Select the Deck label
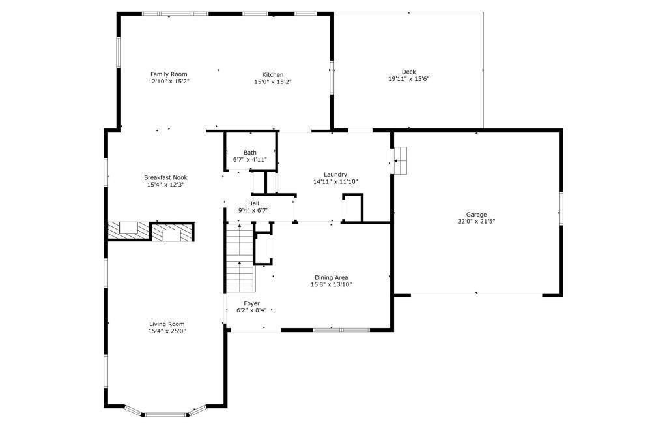click(408, 72)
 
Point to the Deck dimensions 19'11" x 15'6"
click(408, 79)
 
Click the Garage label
click(475, 214)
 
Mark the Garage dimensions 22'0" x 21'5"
click(475, 221)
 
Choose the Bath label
click(250, 153)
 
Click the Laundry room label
click(335, 174)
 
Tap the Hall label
click(253, 203)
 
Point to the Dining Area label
click(331, 277)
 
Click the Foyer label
click(251, 303)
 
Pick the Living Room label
click(167, 324)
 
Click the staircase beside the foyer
click(240, 258)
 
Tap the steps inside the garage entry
click(400, 160)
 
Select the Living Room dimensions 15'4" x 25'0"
click(167, 331)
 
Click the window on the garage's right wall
click(560, 208)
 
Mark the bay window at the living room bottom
click(166, 414)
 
